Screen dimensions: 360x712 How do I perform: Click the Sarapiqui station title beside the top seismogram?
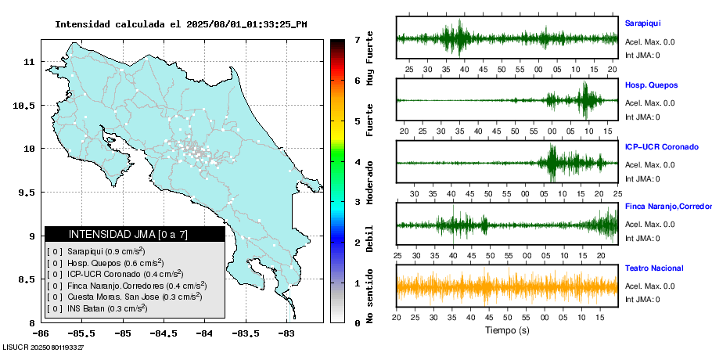click(642, 23)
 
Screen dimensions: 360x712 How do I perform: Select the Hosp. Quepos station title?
click(651, 85)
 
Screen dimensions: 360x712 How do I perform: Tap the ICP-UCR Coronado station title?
click(660, 146)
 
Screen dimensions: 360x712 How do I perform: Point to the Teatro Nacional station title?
click(654, 268)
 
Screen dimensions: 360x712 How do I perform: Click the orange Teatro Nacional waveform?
click(507, 286)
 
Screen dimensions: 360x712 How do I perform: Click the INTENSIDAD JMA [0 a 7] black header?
click(135, 234)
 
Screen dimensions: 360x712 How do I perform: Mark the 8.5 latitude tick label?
click(28, 279)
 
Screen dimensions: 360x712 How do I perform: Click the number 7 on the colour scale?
click(357, 39)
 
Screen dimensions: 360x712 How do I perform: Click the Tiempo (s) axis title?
click(507, 331)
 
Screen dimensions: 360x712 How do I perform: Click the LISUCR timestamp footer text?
click(43, 346)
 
